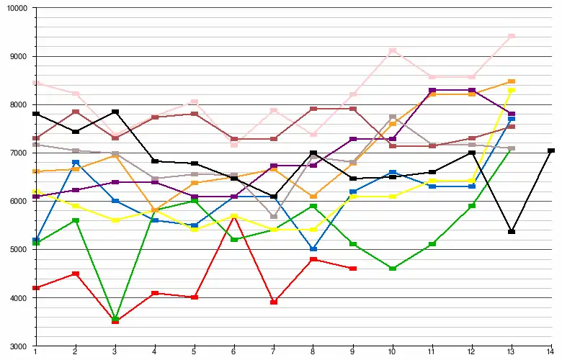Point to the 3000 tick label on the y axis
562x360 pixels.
click(17, 346)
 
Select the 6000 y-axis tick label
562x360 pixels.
click(17, 201)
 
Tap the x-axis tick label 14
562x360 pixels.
click(551, 352)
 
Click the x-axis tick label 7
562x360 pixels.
click(273, 352)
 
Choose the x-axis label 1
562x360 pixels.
click(35, 352)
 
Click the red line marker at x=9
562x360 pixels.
click(353, 269)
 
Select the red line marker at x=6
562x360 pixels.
click(233, 217)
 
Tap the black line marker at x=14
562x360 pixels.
click(551, 150)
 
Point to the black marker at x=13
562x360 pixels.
click(512, 232)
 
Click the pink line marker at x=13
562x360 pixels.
click(512, 36)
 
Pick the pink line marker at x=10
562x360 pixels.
click(392, 51)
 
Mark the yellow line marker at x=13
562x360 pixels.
click(512, 90)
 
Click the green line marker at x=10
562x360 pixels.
click(392, 269)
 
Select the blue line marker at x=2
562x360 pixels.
click(75, 163)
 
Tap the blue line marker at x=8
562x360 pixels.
click(313, 249)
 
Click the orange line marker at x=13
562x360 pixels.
click(512, 81)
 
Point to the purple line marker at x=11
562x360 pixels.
click(432, 91)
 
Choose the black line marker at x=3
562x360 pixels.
click(115, 112)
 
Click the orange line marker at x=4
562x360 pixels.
click(154, 210)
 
